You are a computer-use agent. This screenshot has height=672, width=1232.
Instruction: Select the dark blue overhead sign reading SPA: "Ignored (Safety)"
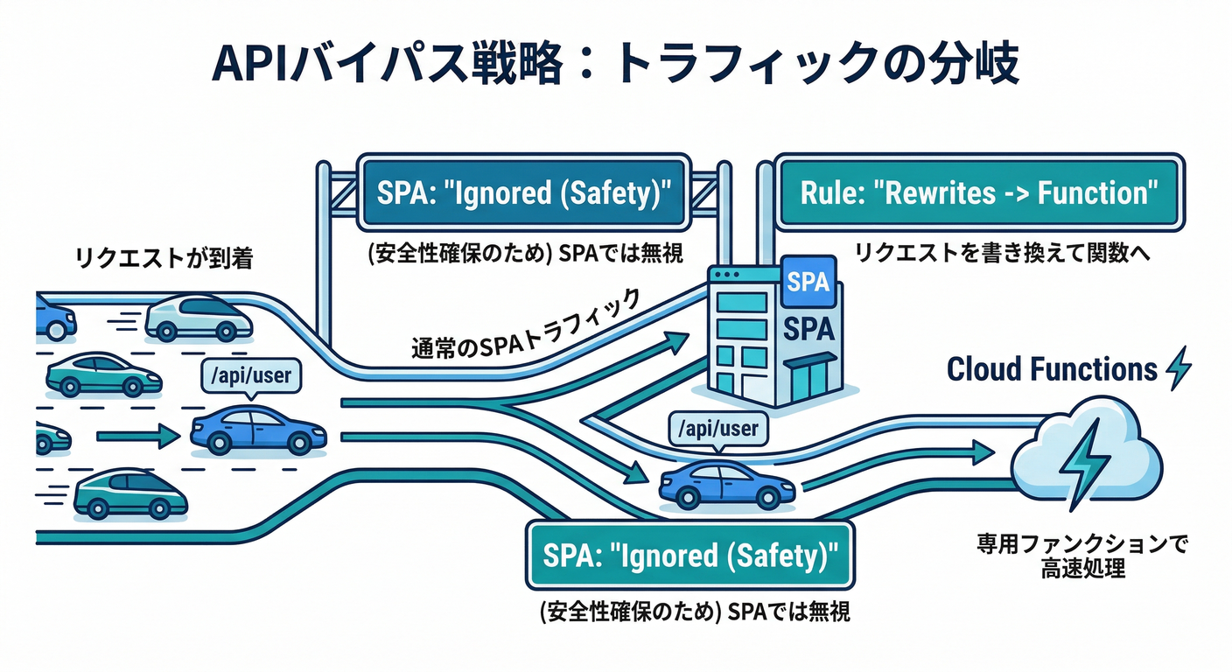pos(522,192)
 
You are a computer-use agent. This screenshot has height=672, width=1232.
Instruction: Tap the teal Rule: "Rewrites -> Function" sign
pos(977,192)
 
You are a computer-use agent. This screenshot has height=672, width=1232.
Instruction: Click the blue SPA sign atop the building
pos(806,281)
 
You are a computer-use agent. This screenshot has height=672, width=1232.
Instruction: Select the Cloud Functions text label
pos(1052,369)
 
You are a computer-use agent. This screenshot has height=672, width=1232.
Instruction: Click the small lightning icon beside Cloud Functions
pos(1179,368)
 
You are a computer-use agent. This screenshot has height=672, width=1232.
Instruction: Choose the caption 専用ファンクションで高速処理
pos(1082,556)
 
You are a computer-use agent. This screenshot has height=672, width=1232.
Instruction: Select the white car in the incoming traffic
pos(199,318)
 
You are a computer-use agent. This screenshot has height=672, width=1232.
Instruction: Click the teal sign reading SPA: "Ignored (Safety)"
pos(689,556)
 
